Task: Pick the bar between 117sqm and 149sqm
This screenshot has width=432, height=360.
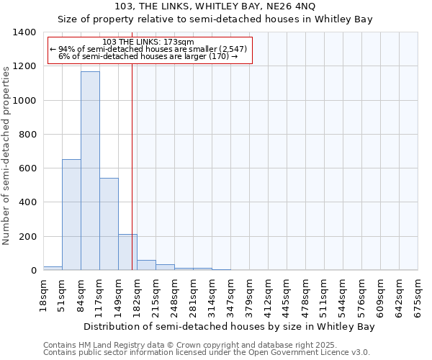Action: [109, 224]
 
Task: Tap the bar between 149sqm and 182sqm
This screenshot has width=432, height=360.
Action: [127, 252]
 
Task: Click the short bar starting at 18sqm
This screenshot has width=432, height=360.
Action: [53, 268]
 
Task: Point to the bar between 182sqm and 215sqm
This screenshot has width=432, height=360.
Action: [146, 265]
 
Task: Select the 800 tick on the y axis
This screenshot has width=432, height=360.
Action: [27, 135]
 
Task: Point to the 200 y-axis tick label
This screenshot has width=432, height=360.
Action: [27, 237]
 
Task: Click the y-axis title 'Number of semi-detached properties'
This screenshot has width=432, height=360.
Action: [6, 155]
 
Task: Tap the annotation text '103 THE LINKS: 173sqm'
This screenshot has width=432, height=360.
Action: [148, 42]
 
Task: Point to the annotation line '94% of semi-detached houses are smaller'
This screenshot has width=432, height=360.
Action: [149, 49]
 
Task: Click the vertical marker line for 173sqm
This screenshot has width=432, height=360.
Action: [132, 166]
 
